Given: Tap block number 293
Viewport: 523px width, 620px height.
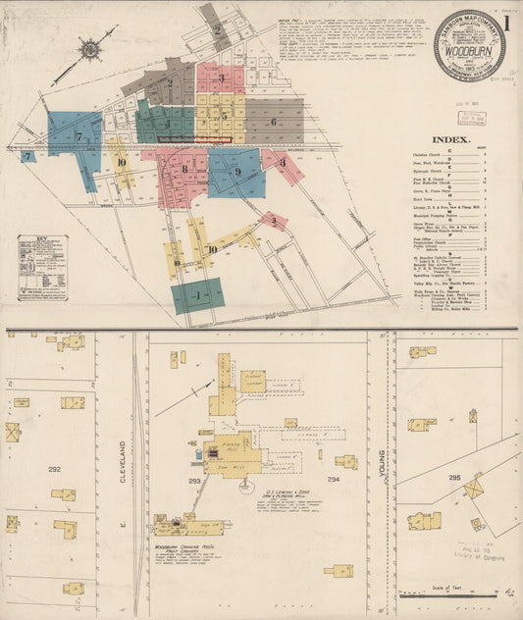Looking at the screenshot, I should click(x=192, y=482).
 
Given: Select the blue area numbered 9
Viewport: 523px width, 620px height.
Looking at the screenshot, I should click(x=236, y=172).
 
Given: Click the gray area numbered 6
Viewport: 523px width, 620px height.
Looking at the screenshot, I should click(x=273, y=122).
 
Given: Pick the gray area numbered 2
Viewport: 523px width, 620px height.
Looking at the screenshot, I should click(x=216, y=29).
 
